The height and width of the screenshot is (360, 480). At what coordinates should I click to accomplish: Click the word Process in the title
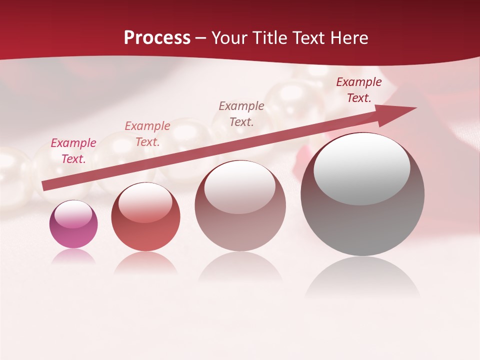[x=157, y=38]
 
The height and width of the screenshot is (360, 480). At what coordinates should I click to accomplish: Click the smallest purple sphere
[x=73, y=232]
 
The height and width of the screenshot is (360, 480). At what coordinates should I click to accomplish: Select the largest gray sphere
[x=362, y=220]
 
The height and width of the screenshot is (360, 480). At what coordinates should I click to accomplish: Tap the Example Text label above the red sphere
[x=147, y=134]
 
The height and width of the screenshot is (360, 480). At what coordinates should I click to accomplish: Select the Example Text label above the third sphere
[x=241, y=114]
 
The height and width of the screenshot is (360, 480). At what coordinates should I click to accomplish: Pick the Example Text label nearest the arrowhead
[x=359, y=90]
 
